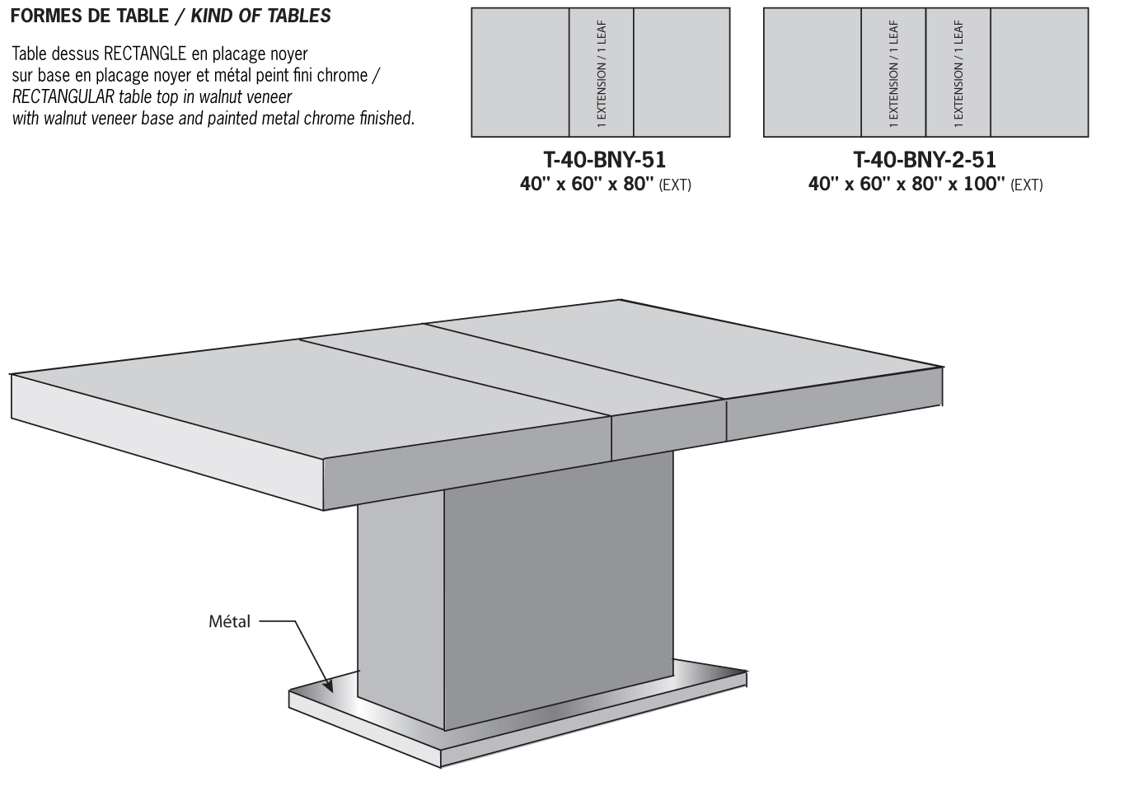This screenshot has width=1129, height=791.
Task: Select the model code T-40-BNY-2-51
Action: pyautogui.click(x=924, y=159)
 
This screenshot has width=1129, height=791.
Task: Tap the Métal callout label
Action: pyautogui.click(x=229, y=622)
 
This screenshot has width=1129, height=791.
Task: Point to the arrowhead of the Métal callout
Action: pyautogui.click(x=330, y=687)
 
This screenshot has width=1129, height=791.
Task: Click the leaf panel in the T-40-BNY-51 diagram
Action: pyautogui.click(x=602, y=73)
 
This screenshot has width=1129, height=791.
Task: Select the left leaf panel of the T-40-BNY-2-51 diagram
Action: pyautogui.click(x=893, y=73)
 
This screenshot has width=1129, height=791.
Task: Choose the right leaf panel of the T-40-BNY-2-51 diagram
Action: pyautogui.click(x=958, y=73)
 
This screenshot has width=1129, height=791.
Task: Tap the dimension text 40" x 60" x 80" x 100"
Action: pyautogui.click(x=906, y=184)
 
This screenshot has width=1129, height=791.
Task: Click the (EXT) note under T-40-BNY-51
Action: pyautogui.click(x=675, y=185)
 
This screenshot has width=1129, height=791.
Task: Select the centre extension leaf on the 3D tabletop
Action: pyautogui.click(x=511, y=367)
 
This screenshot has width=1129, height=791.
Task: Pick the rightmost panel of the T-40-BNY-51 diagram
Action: pyautogui.click(x=682, y=73)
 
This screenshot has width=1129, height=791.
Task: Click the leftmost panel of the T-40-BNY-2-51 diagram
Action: pyautogui.click(x=812, y=73)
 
